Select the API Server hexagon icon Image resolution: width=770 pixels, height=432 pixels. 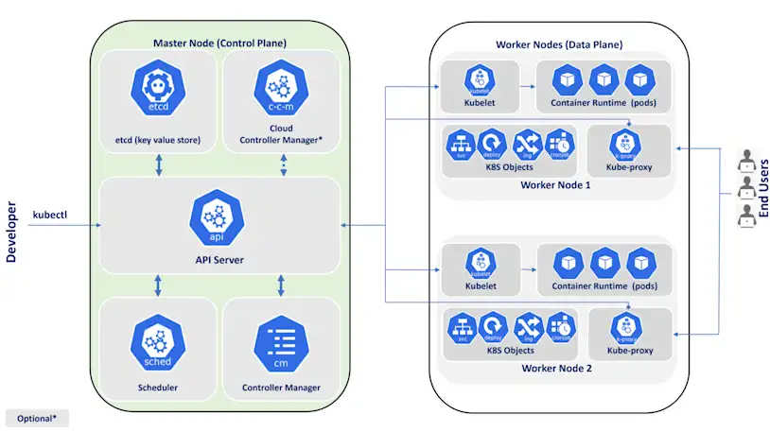coord(218,216)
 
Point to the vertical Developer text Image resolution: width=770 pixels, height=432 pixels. coord(12,232)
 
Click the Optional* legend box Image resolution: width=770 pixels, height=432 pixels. coord(37,418)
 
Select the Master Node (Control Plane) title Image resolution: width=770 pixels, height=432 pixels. coord(219,43)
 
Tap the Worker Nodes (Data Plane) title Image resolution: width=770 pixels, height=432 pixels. coord(559,44)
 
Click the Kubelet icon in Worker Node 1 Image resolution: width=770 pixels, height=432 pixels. coord(481,78)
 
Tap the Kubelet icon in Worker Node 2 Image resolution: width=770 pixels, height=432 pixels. coord(481,262)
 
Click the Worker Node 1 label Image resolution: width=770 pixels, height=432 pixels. coord(555,184)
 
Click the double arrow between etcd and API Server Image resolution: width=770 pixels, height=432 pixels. coord(157,164)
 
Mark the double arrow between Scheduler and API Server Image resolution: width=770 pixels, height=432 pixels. coord(157,284)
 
